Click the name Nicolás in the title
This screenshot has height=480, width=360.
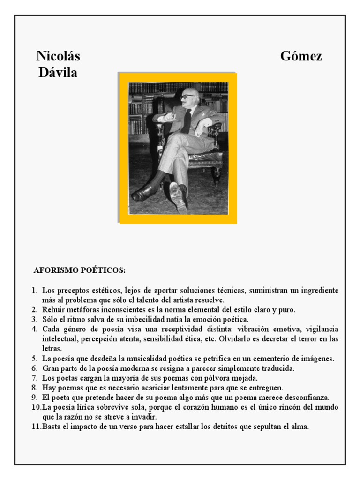(x=58, y=57)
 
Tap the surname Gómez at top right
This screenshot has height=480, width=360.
(x=301, y=57)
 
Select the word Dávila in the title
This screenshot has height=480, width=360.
(x=58, y=73)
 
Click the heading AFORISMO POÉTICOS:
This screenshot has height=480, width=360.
(x=80, y=270)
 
